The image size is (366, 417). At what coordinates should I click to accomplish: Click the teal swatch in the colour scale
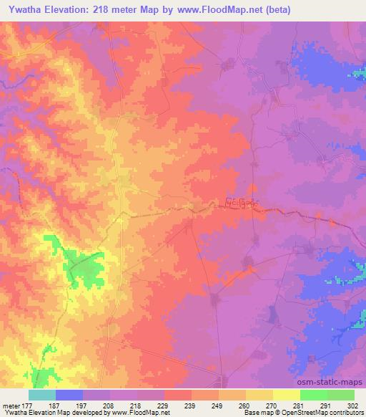coord(42,395)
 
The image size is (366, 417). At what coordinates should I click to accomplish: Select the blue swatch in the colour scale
coord(69,395)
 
